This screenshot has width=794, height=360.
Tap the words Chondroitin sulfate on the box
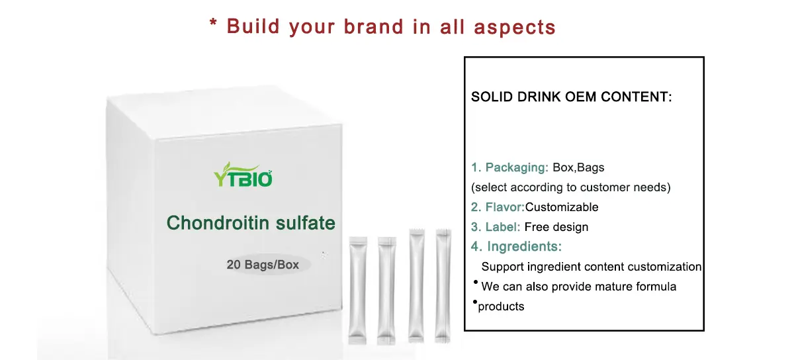tap(251, 223)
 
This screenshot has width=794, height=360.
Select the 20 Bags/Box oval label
tap(263, 265)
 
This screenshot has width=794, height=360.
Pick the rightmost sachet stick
tap(443, 285)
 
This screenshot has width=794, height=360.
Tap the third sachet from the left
tap(417, 285)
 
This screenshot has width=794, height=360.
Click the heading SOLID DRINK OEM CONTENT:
tap(571, 97)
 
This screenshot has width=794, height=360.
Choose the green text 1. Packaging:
tap(509, 167)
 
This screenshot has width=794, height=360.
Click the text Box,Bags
tap(578, 167)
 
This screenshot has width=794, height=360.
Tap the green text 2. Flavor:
tap(498, 207)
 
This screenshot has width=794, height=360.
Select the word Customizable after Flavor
tap(562, 207)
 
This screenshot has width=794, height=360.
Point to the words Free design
tap(556, 227)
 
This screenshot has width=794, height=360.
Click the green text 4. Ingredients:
tap(517, 247)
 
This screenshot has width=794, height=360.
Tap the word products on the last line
tap(501, 306)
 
